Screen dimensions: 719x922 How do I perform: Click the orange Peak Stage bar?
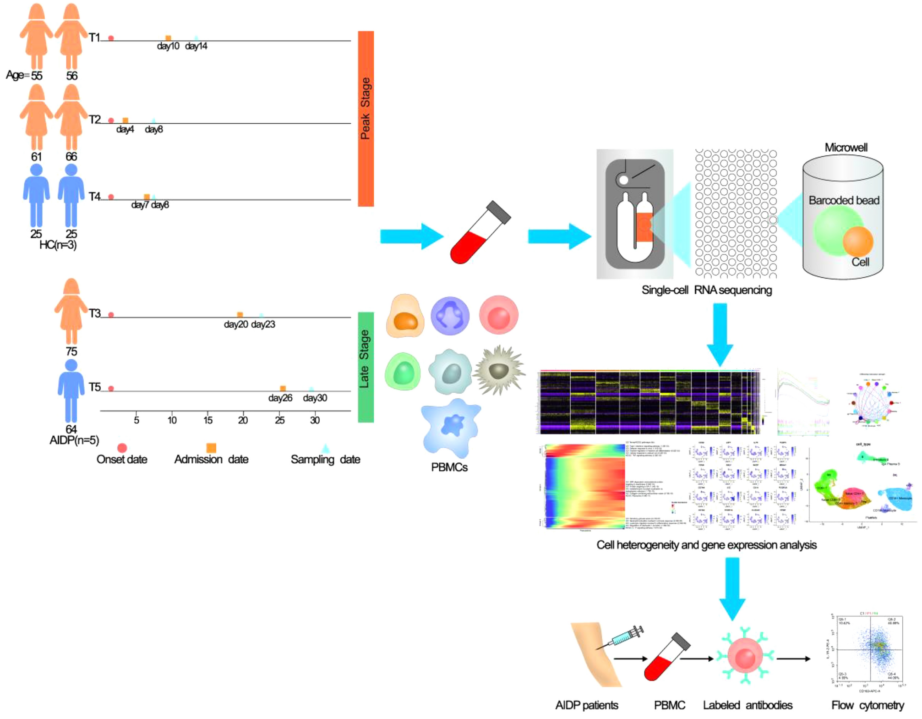tap(366, 118)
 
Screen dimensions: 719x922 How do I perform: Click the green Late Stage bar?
tap(366, 367)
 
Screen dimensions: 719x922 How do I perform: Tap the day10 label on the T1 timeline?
tap(168, 46)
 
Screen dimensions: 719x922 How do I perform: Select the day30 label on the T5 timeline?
tap(315, 398)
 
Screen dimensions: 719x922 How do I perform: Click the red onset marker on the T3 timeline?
tap(111, 315)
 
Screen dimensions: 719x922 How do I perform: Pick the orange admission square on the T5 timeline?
tap(283, 389)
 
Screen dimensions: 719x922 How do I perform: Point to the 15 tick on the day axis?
tap(208, 420)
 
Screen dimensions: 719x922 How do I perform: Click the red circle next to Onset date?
tap(122, 448)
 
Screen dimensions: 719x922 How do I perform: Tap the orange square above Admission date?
tap(211, 448)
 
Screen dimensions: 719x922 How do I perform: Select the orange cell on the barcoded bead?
tap(857, 241)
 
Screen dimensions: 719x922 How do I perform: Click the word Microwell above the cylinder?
tap(846, 148)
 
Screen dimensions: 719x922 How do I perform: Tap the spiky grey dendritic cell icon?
tap(499, 370)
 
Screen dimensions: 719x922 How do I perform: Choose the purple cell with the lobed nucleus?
tap(450, 316)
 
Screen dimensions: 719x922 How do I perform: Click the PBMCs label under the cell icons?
tap(449, 467)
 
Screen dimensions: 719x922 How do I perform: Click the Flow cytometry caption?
tap(867, 705)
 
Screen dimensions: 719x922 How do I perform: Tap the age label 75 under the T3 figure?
tap(71, 351)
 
